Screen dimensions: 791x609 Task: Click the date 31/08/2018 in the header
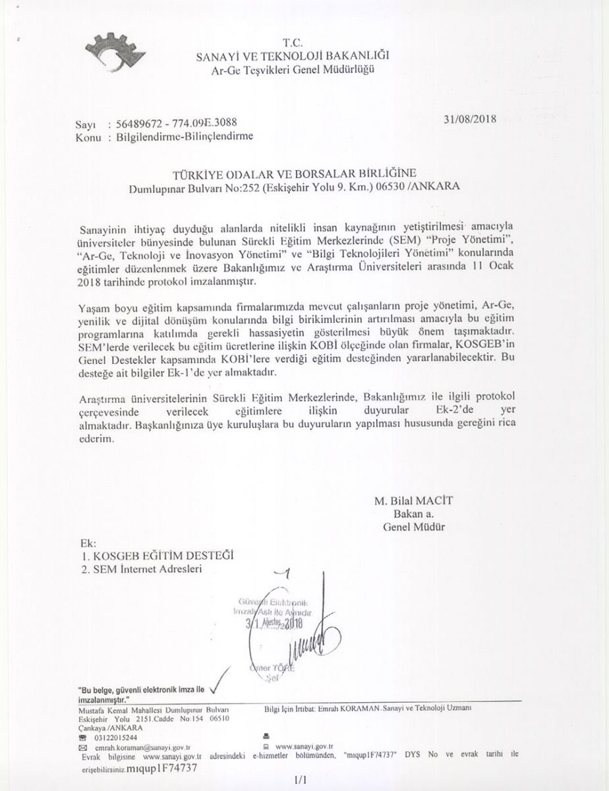coord(470,120)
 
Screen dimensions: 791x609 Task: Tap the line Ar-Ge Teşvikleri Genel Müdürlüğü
coord(293,71)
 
